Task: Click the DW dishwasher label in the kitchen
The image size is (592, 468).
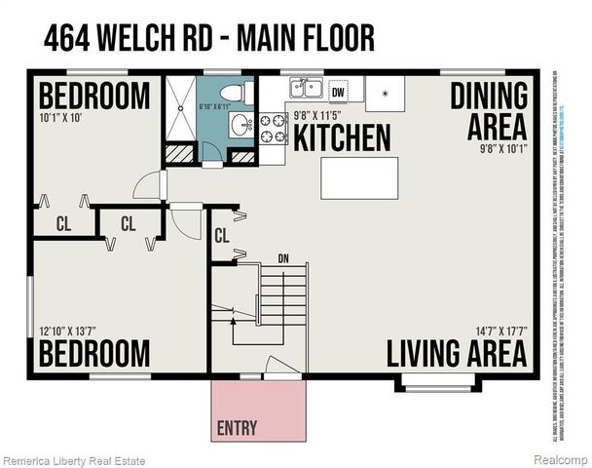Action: (x=338, y=92)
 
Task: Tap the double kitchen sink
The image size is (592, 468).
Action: (x=308, y=90)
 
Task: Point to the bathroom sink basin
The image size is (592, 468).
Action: (x=239, y=125)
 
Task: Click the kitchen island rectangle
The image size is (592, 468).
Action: (x=358, y=177)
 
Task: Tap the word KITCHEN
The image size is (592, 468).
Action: (x=343, y=137)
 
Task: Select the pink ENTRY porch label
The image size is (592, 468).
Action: (x=238, y=426)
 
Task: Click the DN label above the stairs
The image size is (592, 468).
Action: (x=284, y=259)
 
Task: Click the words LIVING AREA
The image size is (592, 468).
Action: (x=458, y=353)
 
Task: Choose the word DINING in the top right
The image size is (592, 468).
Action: (x=490, y=96)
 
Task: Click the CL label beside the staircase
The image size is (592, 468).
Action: (x=221, y=235)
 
